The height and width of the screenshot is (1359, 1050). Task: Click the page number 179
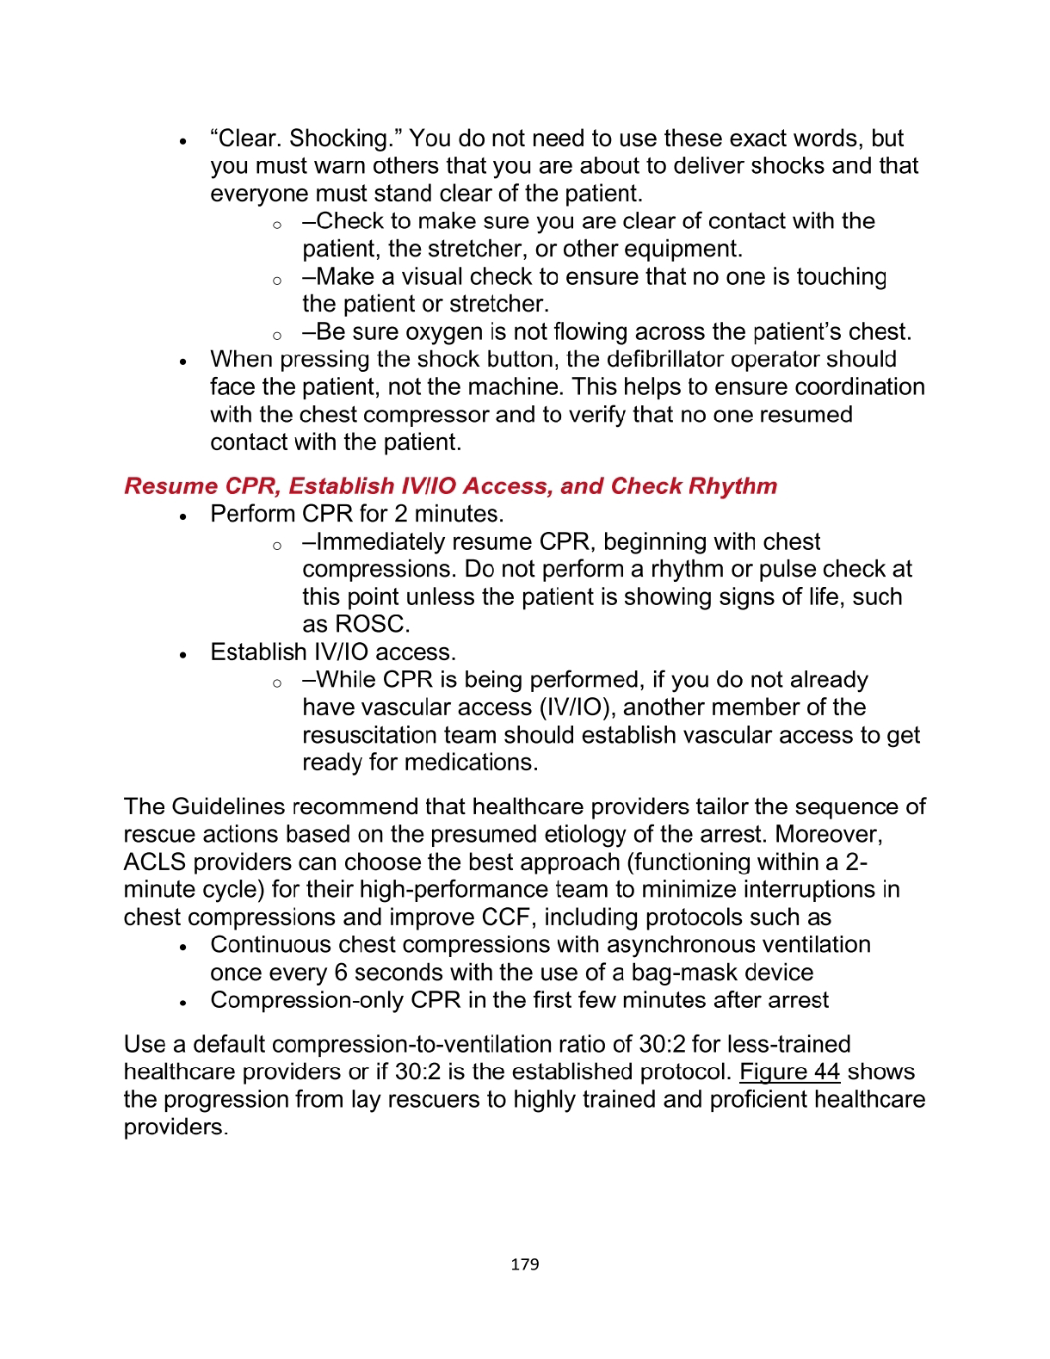tap(524, 1264)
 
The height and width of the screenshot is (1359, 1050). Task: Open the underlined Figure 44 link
tap(789, 1072)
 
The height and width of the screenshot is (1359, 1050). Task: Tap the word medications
tap(471, 763)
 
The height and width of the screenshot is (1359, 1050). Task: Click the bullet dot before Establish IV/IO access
tap(183, 654)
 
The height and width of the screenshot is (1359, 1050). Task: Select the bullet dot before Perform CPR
tap(183, 516)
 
